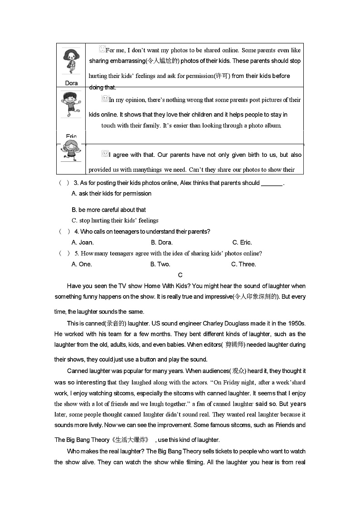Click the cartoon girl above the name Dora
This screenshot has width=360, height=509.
71,61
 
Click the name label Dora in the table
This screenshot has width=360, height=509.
71,83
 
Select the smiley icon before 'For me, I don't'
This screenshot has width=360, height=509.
102,49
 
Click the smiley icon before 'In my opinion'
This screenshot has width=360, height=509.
105,98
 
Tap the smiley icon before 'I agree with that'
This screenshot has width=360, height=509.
105,154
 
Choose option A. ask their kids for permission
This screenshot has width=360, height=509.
112,194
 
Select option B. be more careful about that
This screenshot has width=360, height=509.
109,210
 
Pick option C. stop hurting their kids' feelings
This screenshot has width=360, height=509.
115,221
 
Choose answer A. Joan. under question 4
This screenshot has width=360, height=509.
83,242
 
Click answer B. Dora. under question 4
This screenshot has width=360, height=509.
161,242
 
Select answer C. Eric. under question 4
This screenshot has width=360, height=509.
242,242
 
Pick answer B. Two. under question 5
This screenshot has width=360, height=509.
160,264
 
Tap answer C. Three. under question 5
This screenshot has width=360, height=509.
243,264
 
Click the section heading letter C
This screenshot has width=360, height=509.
180,275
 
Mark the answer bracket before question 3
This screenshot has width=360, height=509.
64,183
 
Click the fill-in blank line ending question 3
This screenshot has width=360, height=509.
272,184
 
